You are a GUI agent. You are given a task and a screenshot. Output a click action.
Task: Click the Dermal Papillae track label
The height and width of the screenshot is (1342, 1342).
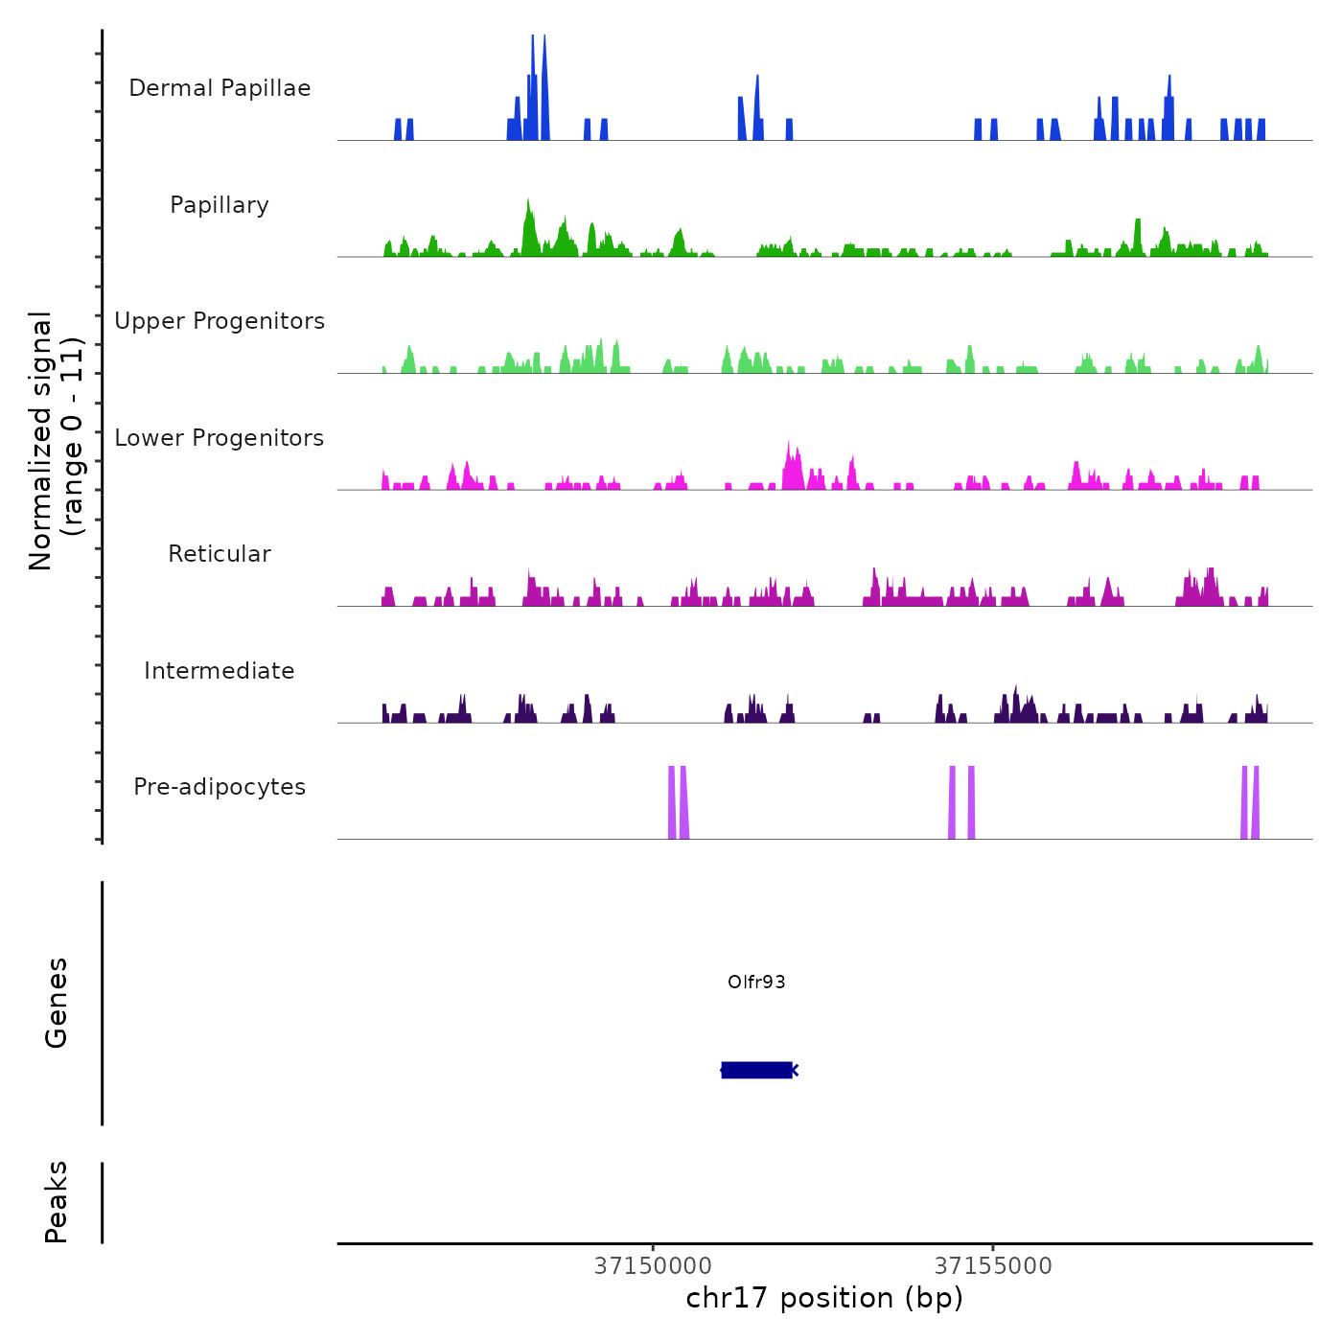tap(220, 88)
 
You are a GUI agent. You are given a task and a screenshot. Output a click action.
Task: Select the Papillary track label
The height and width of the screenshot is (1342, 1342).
tap(220, 205)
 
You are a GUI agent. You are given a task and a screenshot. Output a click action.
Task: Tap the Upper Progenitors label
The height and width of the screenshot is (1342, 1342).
tap(220, 321)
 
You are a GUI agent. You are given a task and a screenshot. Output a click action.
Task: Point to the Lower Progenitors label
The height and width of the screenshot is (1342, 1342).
tap(220, 438)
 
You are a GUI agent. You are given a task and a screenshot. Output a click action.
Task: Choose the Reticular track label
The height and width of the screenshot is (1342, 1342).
tap(220, 554)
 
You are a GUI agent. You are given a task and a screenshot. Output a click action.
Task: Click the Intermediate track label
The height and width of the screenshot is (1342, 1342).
tap(220, 671)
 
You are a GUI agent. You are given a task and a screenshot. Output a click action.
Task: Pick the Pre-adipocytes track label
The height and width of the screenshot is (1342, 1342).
tap(220, 787)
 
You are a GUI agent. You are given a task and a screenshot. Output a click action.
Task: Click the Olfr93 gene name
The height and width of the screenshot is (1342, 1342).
tap(756, 982)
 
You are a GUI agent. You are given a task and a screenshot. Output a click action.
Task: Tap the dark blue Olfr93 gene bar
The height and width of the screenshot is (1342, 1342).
tap(756, 1070)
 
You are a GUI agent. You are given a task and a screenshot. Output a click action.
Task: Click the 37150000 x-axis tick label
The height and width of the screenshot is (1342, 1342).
tap(653, 1266)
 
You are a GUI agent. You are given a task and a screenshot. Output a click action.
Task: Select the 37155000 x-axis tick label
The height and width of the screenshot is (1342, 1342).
tap(993, 1266)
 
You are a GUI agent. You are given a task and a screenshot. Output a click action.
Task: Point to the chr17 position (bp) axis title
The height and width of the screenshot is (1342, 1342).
tap(824, 1298)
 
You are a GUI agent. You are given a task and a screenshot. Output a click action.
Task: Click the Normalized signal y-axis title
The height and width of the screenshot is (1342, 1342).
tap(56, 441)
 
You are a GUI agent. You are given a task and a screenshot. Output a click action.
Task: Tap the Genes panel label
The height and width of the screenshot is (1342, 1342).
tap(57, 1003)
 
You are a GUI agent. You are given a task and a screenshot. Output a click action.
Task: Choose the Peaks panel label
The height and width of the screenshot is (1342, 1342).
tap(57, 1202)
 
